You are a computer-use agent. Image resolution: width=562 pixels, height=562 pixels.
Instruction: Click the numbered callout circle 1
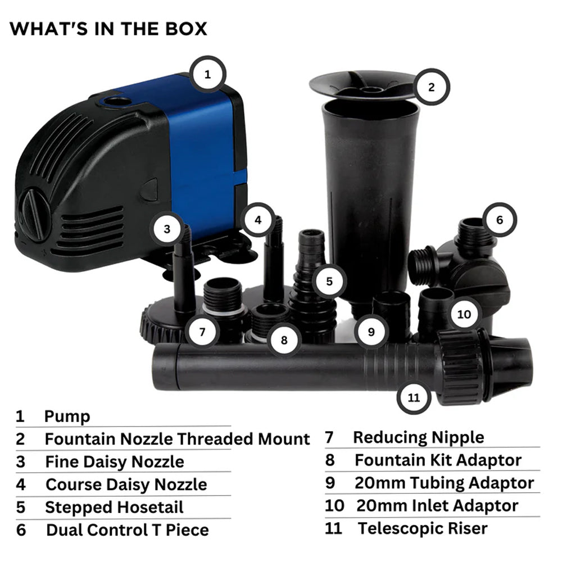click(207, 74)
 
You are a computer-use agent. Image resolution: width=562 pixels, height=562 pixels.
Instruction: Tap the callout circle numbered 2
click(431, 87)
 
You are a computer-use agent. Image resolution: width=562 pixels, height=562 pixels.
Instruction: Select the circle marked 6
click(499, 220)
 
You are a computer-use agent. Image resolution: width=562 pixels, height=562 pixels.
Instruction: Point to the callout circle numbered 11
click(414, 397)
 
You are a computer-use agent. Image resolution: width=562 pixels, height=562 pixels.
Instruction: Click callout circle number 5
click(329, 281)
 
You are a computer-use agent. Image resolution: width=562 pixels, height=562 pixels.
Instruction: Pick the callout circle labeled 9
click(371, 332)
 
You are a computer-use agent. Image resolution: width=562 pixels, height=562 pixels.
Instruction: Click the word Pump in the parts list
click(67, 417)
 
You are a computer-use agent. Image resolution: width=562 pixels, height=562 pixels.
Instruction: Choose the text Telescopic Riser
click(423, 528)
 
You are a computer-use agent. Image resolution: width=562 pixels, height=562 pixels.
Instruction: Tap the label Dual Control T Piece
click(127, 530)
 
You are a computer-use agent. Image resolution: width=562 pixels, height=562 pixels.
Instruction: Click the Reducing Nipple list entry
click(418, 437)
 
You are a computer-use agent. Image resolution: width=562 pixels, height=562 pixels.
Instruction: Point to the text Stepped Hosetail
click(114, 507)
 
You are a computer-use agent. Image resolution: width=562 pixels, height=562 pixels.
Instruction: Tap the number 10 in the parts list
click(334, 505)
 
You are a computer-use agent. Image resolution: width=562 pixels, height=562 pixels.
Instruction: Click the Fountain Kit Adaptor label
click(438, 460)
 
